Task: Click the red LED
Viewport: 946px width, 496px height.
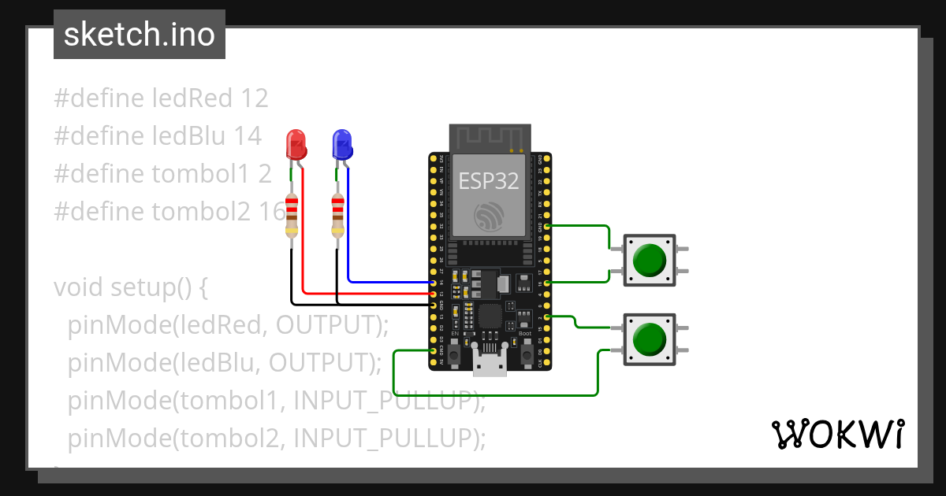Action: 296,145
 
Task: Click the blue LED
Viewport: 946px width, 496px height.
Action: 342,145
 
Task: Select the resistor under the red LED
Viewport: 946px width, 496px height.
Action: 292,216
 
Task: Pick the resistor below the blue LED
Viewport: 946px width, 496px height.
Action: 338,216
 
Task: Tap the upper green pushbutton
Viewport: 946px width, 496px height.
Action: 649,260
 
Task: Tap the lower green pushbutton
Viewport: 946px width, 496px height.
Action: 649,339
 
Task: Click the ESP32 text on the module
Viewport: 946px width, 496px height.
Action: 490,181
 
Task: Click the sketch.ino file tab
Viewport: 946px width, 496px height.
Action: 140,35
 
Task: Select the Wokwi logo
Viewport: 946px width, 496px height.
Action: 837,435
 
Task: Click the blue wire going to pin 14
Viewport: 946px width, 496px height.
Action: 386,281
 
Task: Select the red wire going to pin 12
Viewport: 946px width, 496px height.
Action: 363,294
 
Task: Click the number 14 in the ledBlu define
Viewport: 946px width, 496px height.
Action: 248,136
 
